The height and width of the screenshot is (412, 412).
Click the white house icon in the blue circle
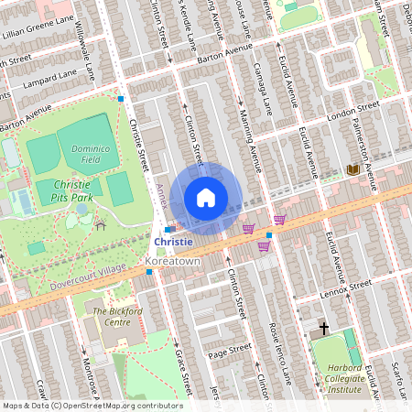(206, 198)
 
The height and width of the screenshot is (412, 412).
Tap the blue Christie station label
(173, 242)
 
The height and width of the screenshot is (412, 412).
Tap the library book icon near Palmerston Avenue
(353, 169)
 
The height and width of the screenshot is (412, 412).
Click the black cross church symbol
(323, 327)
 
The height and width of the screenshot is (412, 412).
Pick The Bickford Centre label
(117, 317)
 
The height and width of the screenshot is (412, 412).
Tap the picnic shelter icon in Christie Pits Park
(100, 224)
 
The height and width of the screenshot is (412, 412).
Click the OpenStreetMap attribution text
(92, 406)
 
